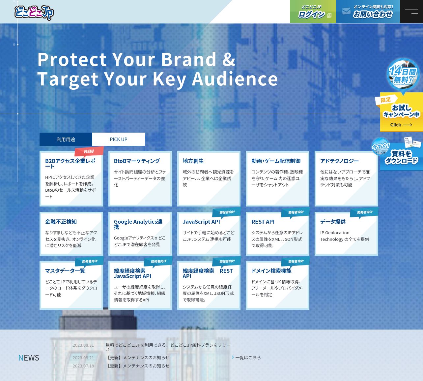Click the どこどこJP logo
click(34, 13)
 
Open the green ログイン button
click(313, 12)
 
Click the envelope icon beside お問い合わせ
click(346, 11)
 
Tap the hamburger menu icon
click(411, 12)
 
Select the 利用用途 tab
click(66, 140)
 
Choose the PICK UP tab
click(119, 140)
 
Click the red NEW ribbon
click(89, 151)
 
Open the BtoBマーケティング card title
click(137, 161)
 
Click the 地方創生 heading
click(193, 161)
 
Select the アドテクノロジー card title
click(339, 161)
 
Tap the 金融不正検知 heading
click(61, 222)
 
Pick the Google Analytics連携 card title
click(138, 224)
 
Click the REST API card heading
click(263, 222)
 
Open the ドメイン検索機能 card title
click(271, 271)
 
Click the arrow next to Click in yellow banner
click(408, 125)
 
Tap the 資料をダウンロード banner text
click(401, 157)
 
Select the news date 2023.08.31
click(83, 345)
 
